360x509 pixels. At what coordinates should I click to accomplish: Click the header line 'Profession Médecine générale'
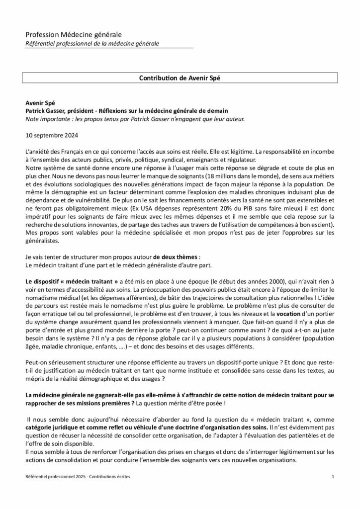point(74,34)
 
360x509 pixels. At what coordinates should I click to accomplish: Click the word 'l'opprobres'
point(299,234)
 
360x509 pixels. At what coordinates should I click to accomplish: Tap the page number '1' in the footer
point(332,491)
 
